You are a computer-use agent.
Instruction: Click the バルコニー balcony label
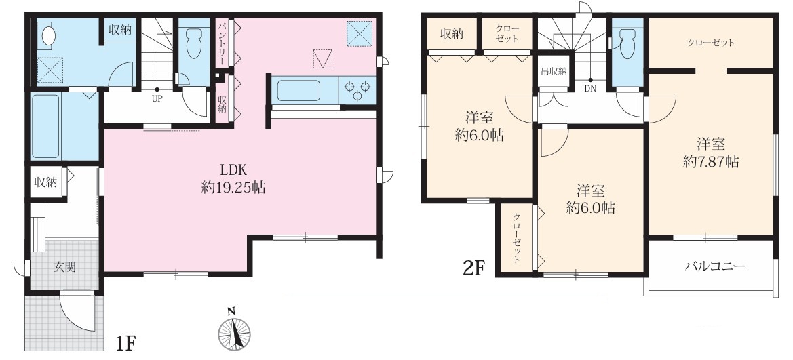pos(714,266)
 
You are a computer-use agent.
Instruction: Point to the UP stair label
pos(157,99)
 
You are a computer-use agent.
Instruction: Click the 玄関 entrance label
pos(65,267)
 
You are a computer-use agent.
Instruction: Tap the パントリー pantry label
pos(222,43)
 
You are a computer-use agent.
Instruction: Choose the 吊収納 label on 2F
pos(554,71)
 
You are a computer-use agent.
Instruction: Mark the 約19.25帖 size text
pos(233,188)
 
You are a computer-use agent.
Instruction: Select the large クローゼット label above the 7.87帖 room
pos(710,43)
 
